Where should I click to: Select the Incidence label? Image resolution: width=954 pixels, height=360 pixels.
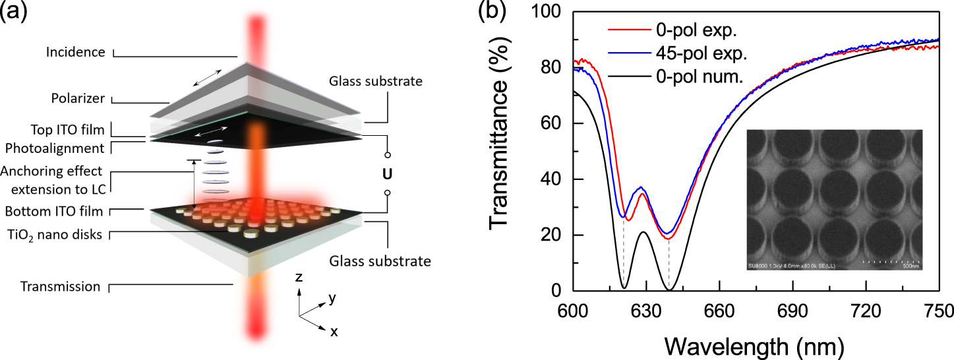76,51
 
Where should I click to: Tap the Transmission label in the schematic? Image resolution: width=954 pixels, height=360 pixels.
61,287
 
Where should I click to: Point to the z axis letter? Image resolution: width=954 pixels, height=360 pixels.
299,278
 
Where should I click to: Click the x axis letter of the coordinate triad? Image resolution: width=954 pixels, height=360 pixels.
334,332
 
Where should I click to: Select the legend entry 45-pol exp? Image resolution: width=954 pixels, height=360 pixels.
681,53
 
